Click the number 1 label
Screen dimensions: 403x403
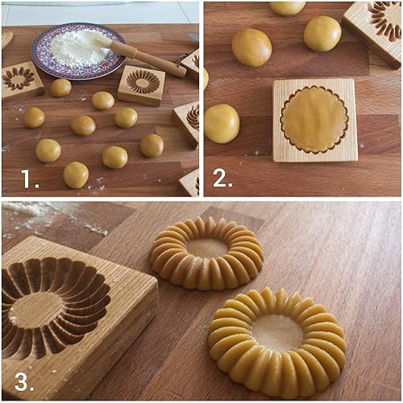click(29, 179)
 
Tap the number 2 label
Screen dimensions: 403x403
click(222, 179)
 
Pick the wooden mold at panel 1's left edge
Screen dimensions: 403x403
click(19, 80)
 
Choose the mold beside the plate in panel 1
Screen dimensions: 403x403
click(142, 85)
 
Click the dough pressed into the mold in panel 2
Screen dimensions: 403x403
click(314, 119)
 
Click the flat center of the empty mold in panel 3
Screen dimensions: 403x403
click(37, 310)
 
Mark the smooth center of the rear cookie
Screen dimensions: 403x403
click(208, 247)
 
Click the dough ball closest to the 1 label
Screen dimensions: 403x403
click(76, 174)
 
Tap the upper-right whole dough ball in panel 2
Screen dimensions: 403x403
click(322, 34)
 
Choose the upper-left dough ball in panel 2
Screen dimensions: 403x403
click(251, 47)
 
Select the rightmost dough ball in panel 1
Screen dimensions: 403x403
click(152, 145)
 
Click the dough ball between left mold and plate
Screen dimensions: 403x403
click(60, 87)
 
